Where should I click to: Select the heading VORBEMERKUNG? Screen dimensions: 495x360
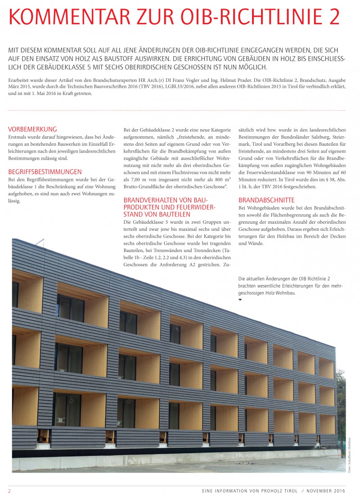click(33, 129)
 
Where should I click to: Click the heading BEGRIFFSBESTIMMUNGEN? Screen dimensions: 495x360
click(45, 171)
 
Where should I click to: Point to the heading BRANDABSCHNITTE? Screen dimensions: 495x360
click(266, 200)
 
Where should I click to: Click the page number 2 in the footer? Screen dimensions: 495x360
click(9, 490)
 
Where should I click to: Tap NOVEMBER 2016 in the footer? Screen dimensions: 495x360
click(326, 490)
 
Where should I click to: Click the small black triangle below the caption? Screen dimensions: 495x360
click(240, 299)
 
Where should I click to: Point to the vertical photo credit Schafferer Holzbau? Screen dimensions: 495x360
click(349, 454)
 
